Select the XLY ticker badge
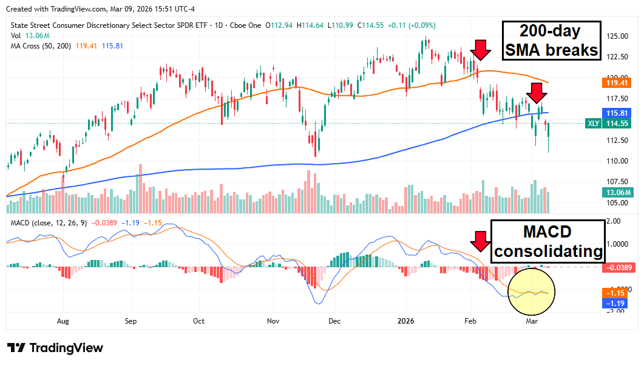594,123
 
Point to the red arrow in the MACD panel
481,241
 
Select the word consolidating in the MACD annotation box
547,251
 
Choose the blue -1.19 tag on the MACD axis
618,302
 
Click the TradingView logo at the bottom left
55,348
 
